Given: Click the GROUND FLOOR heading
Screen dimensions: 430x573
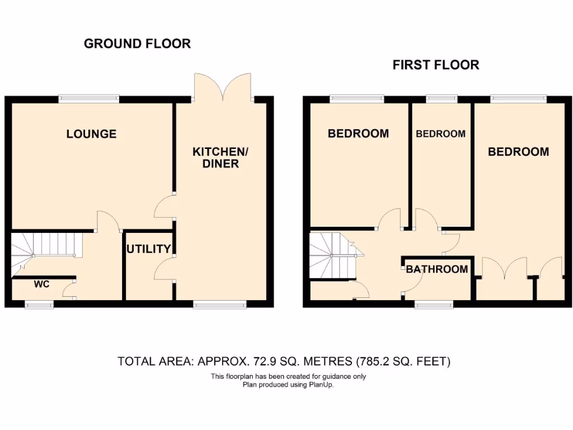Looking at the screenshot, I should [x=137, y=44].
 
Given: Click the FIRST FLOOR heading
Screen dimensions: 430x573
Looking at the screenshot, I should [x=435, y=65].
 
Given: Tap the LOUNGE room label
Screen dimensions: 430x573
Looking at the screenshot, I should [x=91, y=134].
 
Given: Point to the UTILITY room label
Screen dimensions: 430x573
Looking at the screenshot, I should [x=148, y=249].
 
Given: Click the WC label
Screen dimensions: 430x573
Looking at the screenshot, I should [x=42, y=284].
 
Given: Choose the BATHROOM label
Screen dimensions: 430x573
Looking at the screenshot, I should [x=437, y=269].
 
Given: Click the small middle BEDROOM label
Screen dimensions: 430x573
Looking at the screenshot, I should [x=440, y=134].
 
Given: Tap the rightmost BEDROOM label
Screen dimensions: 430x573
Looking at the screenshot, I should [x=518, y=152].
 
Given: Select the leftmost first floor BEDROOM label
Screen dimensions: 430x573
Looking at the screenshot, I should [x=358, y=134].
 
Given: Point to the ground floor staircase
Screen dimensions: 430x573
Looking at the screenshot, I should [x=45, y=246].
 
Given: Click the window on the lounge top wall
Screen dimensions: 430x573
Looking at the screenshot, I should [x=90, y=99].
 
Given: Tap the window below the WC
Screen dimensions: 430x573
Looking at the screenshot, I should [x=39, y=305].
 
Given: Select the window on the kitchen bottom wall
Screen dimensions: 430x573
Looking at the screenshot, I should [x=219, y=305].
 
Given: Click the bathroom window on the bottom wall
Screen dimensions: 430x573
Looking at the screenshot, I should [x=434, y=305].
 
